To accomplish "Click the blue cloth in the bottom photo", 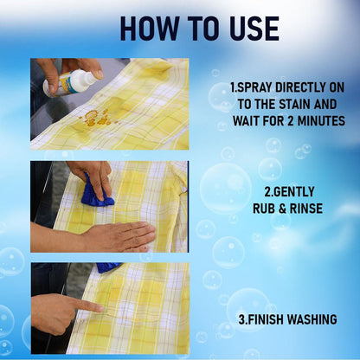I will (x=108, y=267).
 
